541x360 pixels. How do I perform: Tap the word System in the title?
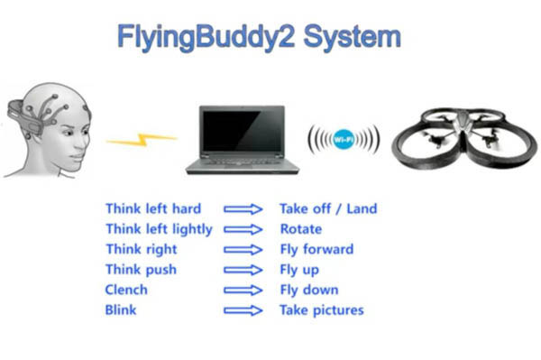(x=353, y=37)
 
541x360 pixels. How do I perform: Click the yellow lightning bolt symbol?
(x=142, y=139)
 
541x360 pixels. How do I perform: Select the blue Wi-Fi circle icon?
(x=344, y=139)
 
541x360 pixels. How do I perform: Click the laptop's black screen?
(x=243, y=131)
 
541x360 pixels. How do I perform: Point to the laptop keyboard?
(x=243, y=162)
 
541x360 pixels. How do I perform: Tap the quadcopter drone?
(x=464, y=138)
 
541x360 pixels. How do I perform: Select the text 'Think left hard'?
(x=153, y=208)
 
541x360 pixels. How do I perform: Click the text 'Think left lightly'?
(x=159, y=229)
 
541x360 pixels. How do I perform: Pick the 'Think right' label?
(x=142, y=250)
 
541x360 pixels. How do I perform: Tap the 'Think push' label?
(x=142, y=270)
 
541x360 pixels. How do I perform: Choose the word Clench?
(x=126, y=290)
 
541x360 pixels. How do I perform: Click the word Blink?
(x=121, y=310)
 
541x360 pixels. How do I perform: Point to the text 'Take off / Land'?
(x=328, y=208)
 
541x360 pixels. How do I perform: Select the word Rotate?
(x=301, y=229)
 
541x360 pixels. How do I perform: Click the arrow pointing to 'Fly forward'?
(x=243, y=250)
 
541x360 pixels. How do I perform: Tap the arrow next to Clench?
(x=243, y=290)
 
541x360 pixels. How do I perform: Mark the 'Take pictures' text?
(x=322, y=310)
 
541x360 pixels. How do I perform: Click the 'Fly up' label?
(x=299, y=270)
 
